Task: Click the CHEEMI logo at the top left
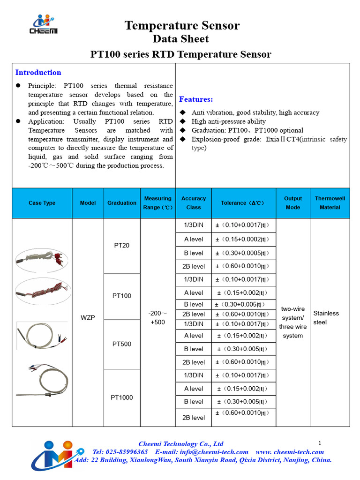[45, 24]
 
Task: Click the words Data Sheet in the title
[180, 39]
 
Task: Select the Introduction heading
[38, 72]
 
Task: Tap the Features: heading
[196, 99]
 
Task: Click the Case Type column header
[42, 203]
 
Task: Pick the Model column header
[88, 203]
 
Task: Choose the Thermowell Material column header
[330, 203]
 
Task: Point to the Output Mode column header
[293, 203]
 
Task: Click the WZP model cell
[88, 317]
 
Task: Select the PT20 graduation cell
[121, 246]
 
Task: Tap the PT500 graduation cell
[121, 344]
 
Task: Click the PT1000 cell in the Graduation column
[121, 397]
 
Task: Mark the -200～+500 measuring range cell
[158, 317]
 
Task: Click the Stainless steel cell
[326, 317]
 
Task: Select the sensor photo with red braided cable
[42, 291]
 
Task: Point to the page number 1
[319, 443]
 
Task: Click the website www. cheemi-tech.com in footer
[290, 452]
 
